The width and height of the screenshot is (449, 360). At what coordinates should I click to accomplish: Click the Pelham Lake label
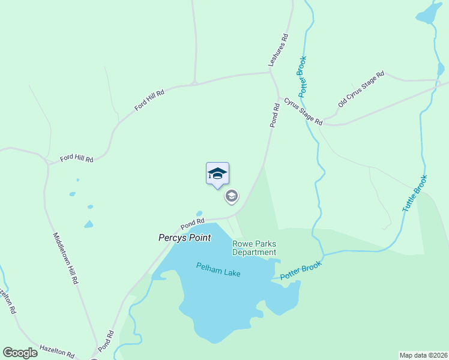click(218, 269)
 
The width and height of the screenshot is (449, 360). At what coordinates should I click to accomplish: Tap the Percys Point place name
click(184, 238)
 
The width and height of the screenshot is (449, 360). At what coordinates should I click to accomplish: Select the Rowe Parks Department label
click(255, 248)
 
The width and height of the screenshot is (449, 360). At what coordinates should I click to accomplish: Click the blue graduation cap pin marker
click(217, 174)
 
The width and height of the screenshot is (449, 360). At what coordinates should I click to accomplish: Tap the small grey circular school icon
click(232, 196)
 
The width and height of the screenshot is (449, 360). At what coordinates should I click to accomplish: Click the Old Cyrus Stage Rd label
click(361, 89)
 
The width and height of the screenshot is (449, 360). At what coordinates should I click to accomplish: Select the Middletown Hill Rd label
click(66, 257)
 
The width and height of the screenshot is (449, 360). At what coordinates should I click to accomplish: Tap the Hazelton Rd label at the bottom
click(56, 350)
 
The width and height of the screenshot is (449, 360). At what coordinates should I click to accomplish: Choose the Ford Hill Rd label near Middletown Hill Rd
click(77, 159)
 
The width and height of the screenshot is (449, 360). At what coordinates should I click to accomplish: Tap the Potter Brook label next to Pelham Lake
click(301, 270)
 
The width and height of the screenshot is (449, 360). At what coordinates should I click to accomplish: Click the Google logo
click(20, 353)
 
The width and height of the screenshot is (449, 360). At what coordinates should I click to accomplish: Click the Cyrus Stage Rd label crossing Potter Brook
click(303, 111)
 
